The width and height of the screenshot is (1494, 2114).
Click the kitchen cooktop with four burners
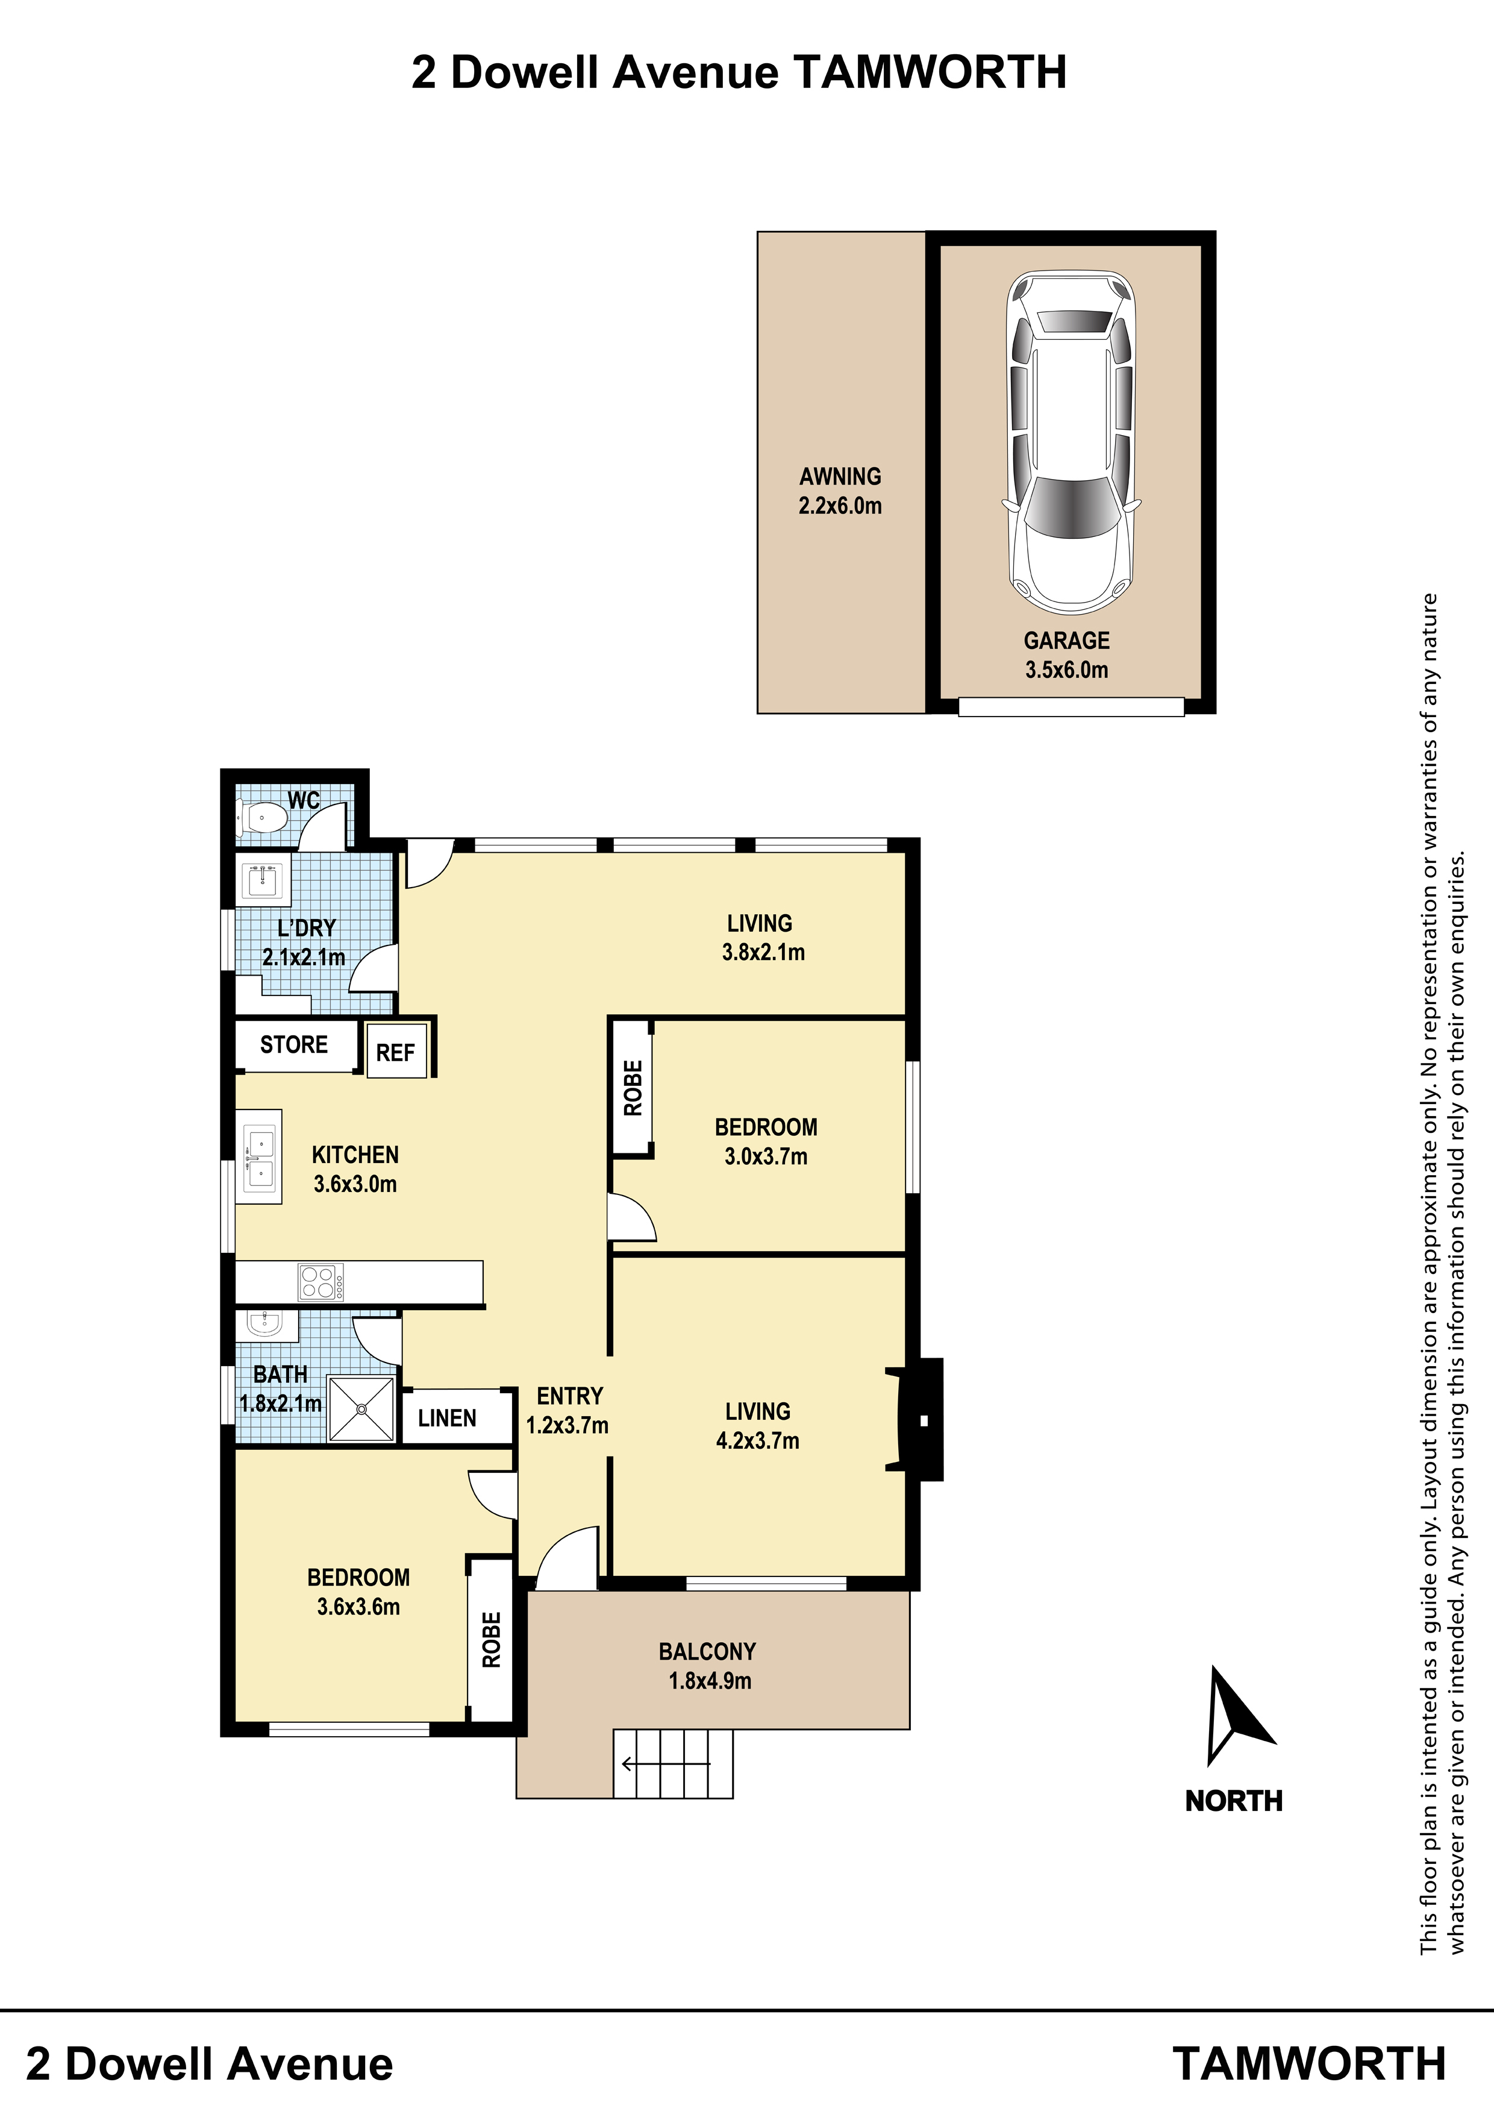[x=321, y=1282]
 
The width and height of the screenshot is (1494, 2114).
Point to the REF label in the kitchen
[x=396, y=1052]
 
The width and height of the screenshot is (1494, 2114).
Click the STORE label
[x=293, y=1044]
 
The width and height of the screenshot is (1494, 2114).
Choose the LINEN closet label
[x=448, y=1418]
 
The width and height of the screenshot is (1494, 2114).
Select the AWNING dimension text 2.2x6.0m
[x=840, y=506]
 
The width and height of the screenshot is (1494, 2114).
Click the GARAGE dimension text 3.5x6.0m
[x=1067, y=670]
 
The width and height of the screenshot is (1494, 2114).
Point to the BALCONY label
[x=707, y=1652]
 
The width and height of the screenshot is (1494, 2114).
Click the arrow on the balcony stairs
[x=666, y=1764]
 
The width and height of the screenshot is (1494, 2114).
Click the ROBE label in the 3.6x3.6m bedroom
[x=492, y=1639]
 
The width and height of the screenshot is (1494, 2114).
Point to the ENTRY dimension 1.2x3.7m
[x=567, y=1425]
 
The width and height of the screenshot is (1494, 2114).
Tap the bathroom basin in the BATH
[x=266, y=1326]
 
